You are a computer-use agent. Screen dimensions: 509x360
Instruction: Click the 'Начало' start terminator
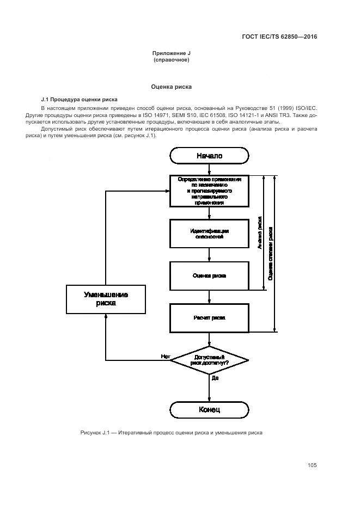209,156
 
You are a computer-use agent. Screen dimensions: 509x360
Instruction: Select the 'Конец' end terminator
209,409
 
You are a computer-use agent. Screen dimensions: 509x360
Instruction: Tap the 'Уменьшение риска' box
106,299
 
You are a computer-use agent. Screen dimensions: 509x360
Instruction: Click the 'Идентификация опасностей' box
209,234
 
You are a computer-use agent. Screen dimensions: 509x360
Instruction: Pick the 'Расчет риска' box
209,317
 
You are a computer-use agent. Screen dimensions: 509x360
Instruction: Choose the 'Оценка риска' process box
209,275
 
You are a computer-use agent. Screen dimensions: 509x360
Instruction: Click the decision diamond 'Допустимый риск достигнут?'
209,359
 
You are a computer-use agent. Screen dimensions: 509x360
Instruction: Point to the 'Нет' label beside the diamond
165,357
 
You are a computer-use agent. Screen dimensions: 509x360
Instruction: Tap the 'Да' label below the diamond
215,377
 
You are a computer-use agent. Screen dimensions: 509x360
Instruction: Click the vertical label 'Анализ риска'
260,233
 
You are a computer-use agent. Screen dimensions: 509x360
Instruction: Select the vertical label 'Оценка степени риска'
271,253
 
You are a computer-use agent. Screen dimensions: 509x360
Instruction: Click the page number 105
312,465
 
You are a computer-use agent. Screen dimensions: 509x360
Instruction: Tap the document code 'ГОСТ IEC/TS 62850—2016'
279,37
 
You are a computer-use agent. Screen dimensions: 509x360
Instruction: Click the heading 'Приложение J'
171,53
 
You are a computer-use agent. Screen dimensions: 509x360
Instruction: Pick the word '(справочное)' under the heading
171,60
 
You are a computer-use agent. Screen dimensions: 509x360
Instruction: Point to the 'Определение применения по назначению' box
209,191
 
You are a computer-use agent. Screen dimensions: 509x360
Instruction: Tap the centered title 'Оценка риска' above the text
171,87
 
